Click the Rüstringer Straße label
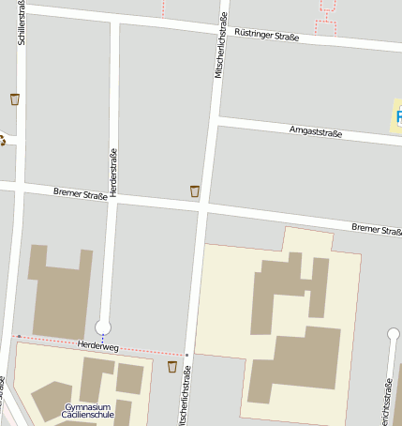266,37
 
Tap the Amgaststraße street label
316,131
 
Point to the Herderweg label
98,347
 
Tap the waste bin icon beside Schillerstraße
14,99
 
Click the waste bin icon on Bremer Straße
195,191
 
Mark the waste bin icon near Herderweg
172,366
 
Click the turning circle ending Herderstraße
103,327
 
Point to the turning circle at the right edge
394,334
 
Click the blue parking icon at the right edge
398,119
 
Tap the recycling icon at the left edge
2,141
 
